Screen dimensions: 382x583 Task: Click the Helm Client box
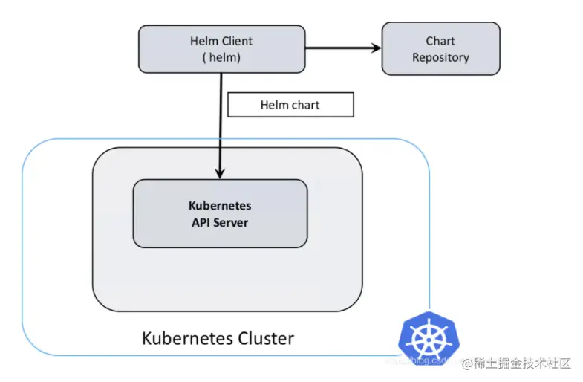[x=221, y=49]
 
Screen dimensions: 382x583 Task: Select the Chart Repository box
[x=440, y=49]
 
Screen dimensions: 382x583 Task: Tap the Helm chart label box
[x=290, y=105]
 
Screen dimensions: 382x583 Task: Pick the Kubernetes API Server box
[x=219, y=213]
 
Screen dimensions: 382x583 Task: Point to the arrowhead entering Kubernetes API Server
[x=220, y=172]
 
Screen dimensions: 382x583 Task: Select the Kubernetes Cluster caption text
[x=218, y=339]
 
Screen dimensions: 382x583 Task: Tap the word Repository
[x=440, y=57]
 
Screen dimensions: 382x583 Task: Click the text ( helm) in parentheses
[x=221, y=57]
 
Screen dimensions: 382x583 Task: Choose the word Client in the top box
[x=237, y=41]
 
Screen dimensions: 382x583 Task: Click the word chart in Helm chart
[x=305, y=105]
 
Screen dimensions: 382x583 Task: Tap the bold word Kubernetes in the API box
[x=219, y=206]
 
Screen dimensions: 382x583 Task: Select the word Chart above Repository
[x=440, y=41]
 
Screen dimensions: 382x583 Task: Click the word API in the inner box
[x=201, y=221]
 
